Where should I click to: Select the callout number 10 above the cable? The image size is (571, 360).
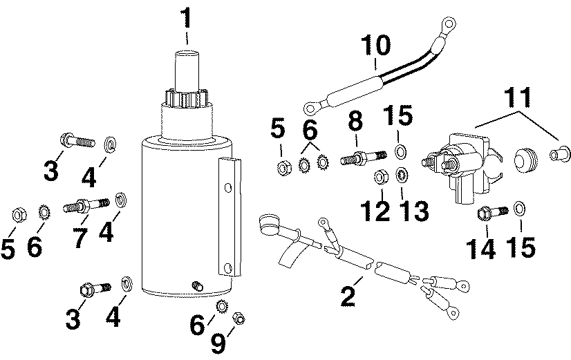coord(373,48)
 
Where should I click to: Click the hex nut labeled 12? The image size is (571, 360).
coord(379,177)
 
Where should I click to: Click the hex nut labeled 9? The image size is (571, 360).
coord(236,317)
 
